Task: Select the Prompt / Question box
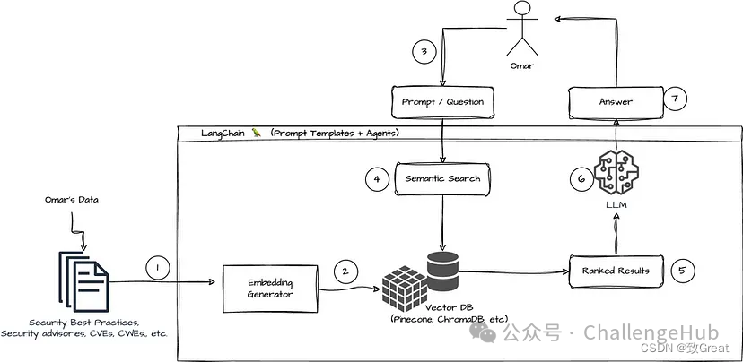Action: [x=441, y=102]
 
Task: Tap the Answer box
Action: [x=616, y=102]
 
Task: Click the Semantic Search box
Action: [x=442, y=178]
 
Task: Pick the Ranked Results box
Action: [x=615, y=270]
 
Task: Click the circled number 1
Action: [x=157, y=267]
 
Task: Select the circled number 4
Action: [x=378, y=178]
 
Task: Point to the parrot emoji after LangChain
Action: [x=256, y=134]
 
